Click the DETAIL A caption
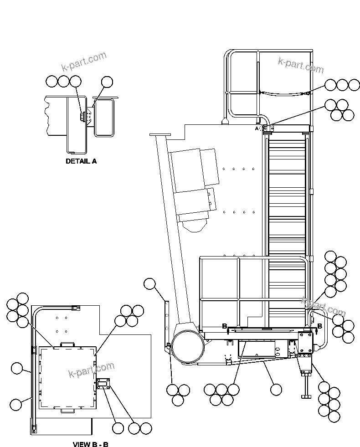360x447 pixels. pos(81,161)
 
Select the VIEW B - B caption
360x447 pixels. pos(91,444)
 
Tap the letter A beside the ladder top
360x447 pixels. pos(257,129)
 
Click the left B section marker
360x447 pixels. pos(224,326)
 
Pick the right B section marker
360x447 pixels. pos(319,326)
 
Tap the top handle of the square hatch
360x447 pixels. pos(67,343)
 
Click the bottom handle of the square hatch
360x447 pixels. pos(67,411)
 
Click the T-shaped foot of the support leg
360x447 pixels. pos(306,396)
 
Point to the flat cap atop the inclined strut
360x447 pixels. pos(159,135)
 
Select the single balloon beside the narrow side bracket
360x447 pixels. pos(149,284)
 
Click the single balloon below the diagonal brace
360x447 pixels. pos(276,389)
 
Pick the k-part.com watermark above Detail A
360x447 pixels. pos(84,62)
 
